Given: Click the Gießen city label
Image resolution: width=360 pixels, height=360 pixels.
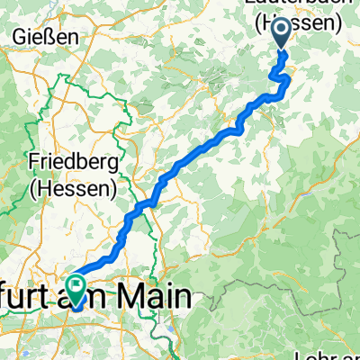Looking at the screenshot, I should pos(44,37).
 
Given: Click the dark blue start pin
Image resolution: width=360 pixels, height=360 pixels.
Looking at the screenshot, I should pos(281,32).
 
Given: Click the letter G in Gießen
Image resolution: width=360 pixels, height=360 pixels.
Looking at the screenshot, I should pos(18,37).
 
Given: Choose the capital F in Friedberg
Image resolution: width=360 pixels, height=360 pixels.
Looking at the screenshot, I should pos(33,165).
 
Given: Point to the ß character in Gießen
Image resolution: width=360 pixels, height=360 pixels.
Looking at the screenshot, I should pos(52,37).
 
